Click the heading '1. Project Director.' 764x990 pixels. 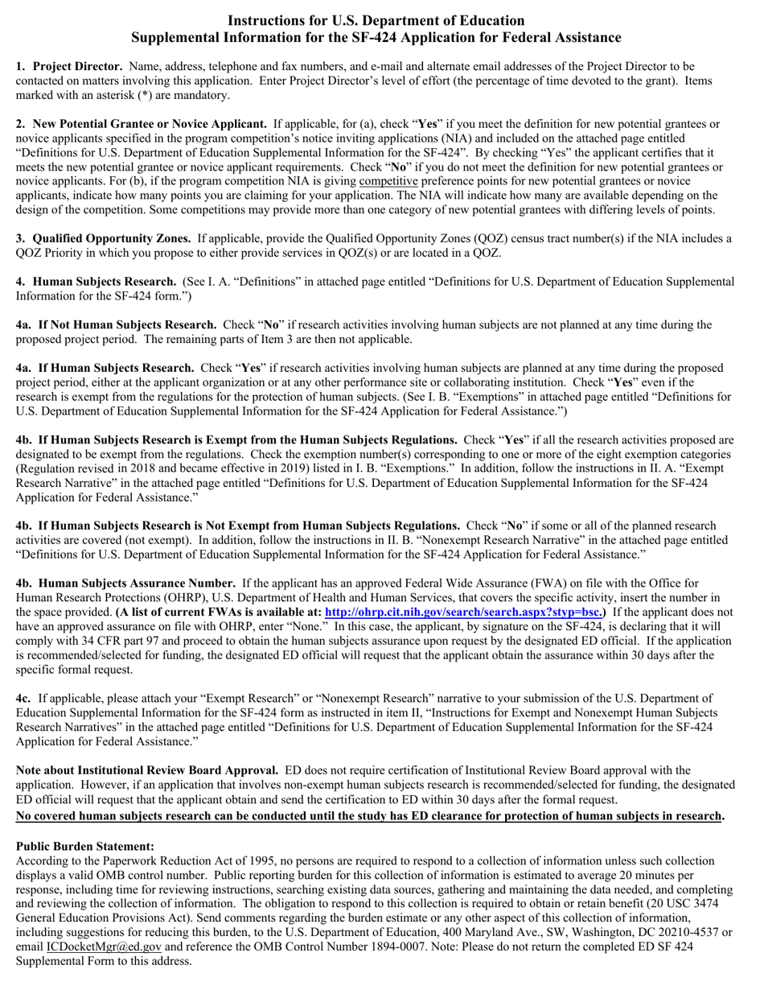point(69,66)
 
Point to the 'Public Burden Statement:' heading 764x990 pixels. point(85,846)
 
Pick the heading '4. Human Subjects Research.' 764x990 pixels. point(97,282)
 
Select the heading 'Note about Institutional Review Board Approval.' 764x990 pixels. point(147,770)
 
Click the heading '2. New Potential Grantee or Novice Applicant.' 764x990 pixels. point(142,124)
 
